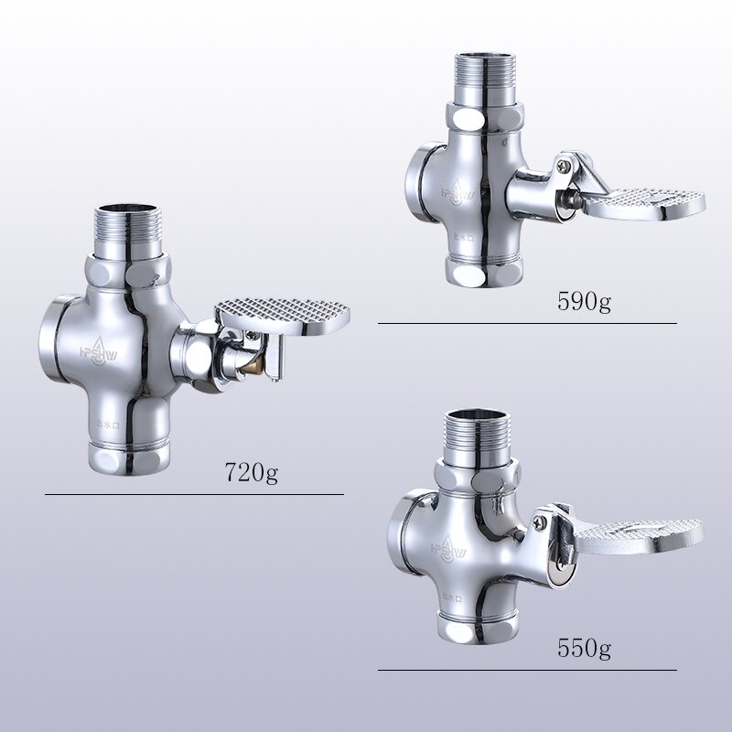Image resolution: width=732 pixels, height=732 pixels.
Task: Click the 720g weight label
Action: [252, 473]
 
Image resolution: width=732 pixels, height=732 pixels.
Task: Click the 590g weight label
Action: [584, 303]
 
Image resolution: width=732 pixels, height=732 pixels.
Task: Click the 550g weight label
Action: [584, 650]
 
